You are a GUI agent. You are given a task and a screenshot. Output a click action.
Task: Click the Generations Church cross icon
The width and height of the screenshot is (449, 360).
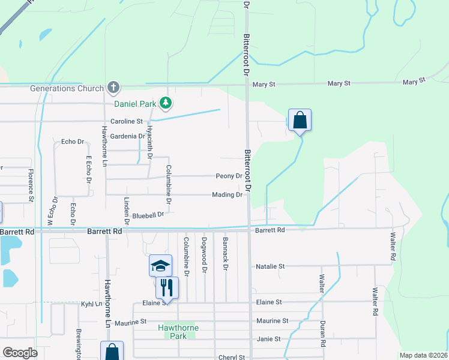112,88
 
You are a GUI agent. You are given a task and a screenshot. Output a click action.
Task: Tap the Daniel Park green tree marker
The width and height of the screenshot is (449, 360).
166,104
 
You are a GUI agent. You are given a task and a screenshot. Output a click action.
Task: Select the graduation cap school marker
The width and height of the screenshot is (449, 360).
161,265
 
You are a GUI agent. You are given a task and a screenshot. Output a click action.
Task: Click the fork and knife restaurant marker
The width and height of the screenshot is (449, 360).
167,287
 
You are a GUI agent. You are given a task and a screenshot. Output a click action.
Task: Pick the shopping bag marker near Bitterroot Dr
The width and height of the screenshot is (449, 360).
300,120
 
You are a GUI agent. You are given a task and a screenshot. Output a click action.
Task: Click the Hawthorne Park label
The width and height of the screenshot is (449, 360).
178,332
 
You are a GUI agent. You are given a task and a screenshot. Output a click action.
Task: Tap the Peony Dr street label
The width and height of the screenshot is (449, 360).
229,176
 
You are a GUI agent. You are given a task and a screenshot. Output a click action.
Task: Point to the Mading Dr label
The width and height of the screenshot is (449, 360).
227,195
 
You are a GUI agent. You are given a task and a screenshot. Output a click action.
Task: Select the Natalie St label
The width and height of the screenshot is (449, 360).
270,266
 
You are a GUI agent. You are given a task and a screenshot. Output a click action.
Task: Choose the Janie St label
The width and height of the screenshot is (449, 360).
269,339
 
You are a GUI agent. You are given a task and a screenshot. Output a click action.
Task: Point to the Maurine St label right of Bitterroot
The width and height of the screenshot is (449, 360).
273,321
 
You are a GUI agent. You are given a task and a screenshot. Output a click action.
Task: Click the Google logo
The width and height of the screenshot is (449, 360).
20,353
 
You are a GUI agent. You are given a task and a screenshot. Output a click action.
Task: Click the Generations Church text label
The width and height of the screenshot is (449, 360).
67,89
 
